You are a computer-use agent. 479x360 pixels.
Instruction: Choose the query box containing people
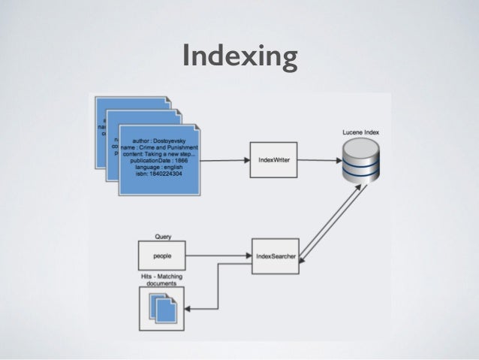click(x=161, y=256)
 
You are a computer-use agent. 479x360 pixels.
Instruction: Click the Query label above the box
click(x=162, y=236)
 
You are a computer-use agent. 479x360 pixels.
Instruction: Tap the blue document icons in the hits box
click(x=162, y=307)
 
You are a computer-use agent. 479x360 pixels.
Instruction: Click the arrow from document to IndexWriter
click(x=224, y=160)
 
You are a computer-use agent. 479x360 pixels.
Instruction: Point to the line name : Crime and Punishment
click(x=159, y=148)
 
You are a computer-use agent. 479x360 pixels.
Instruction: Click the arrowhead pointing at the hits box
click(x=188, y=307)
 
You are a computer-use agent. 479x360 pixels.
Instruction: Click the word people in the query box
click(x=161, y=256)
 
